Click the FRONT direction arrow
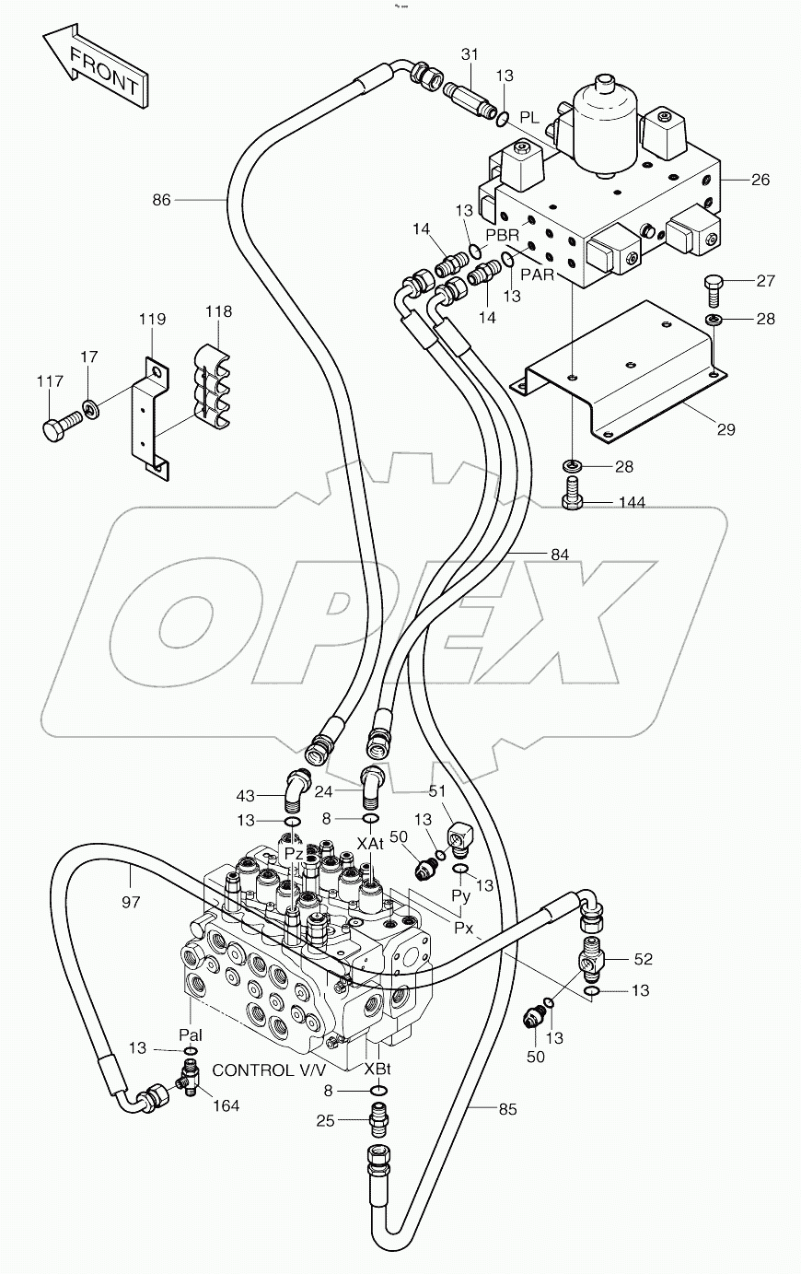95,68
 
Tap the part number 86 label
162,199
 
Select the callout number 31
470,56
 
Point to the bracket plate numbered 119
150,415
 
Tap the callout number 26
760,180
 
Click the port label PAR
539,274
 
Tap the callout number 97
131,902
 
